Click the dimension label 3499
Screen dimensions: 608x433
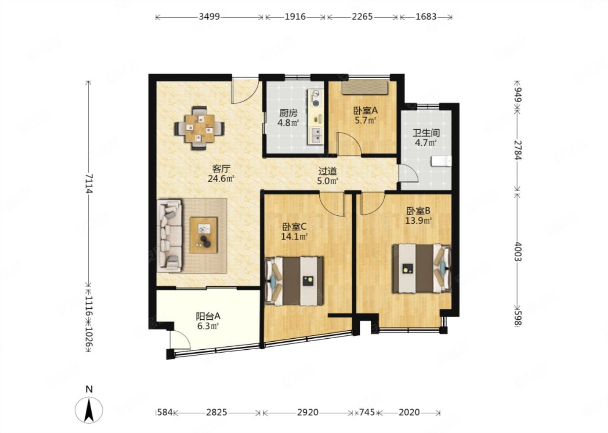pos(209,17)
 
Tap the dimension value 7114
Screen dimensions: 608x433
pos(89,184)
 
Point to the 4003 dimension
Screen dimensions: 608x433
pos(518,251)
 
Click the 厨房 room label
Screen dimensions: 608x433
pos(288,113)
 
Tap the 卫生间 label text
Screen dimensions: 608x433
pos(426,133)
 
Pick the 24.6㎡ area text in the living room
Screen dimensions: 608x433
pos(221,178)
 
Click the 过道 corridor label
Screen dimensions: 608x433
pos(328,171)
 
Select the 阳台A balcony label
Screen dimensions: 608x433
pos(208,316)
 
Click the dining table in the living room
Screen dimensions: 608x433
pos(199,128)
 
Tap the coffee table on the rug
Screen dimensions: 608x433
pos(204,235)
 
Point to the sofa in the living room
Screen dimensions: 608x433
pos(169,236)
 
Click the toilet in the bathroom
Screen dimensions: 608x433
pos(441,161)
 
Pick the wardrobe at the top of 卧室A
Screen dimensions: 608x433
pos(365,88)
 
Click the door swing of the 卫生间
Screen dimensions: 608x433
pos(408,173)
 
